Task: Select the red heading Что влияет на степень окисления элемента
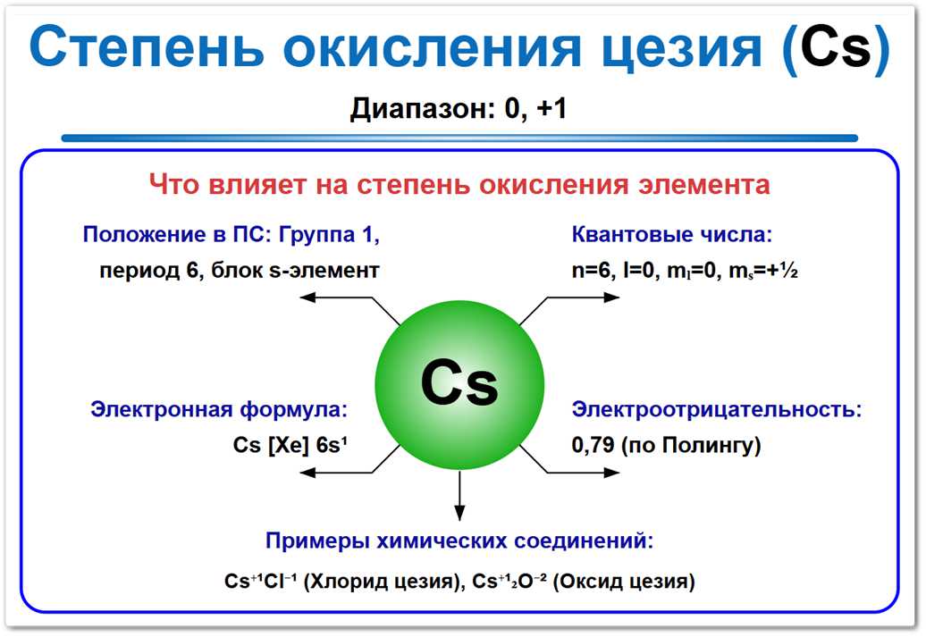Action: [x=459, y=185]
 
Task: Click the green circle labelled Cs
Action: [x=459, y=384]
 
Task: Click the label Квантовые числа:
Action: [x=671, y=235]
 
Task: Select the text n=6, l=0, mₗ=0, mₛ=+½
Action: [x=684, y=270]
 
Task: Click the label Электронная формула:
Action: [x=218, y=410]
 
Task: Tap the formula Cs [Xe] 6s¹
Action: [x=289, y=445]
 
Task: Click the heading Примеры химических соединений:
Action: [x=459, y=541]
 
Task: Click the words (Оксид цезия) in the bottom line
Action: [x=623, y=582]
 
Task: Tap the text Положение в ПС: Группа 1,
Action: [x=231, y=235]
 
